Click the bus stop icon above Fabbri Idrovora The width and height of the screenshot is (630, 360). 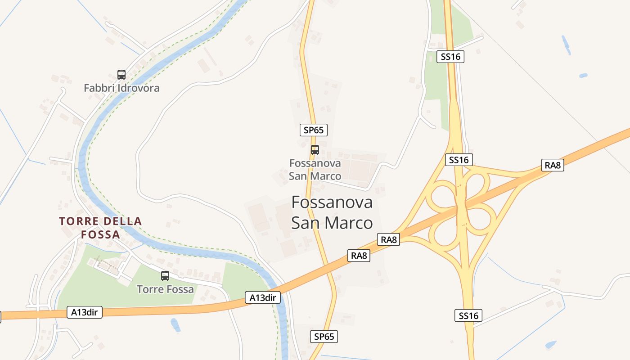121,74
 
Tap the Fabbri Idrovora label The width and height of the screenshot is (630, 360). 121,88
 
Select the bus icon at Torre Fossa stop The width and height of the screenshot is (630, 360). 165,276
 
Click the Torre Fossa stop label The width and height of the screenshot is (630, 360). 165,289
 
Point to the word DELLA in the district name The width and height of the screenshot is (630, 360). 123,221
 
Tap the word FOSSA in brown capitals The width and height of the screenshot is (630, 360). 100,234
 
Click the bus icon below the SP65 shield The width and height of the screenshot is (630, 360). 315,150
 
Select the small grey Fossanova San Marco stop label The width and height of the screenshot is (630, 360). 315,169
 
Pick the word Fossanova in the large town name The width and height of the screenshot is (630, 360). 332,202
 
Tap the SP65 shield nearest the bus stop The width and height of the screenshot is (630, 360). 314,130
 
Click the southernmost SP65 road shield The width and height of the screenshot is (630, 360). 324,336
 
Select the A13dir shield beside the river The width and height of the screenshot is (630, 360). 263,297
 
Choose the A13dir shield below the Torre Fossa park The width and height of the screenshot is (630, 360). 85,312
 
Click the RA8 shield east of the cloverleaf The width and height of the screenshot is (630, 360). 553,165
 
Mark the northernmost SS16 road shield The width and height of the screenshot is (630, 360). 450,57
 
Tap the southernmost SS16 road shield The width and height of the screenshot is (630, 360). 468,315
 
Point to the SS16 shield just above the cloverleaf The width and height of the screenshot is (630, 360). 459,160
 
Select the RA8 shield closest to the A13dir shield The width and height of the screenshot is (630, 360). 359,256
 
